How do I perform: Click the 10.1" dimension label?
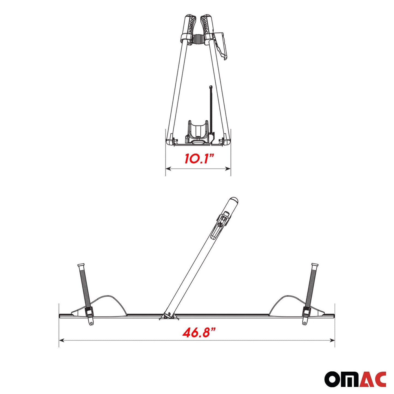click(198, 158)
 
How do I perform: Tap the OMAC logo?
click(355, 379)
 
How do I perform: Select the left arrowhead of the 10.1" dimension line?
click(168, 169)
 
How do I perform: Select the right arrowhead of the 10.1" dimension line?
click(229, 169)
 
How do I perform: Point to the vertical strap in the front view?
click(210, 109)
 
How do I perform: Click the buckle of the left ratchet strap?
click(89, 312)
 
